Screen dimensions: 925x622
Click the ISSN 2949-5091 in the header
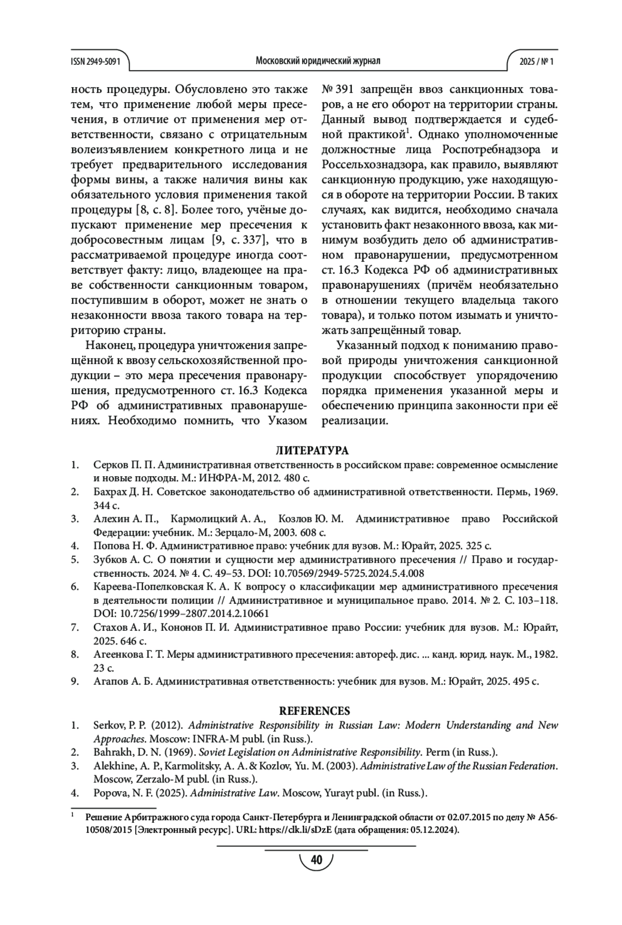coord(95,61)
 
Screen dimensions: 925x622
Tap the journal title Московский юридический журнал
coord(318,61)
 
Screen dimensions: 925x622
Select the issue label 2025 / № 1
coord(536,61)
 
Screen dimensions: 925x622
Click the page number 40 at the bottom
coord(316,860)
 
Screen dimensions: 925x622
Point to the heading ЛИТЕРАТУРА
coord(312,450)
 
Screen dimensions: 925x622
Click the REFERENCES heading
coord(315,711)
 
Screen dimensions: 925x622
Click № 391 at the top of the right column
coord(337,88)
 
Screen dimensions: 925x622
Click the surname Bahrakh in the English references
coord(110,752)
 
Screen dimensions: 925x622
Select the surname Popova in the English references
coord(108,793)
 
